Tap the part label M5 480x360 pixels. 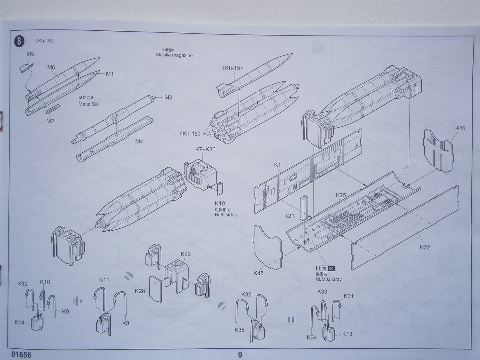pos(30,53)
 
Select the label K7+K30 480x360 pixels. pos(205,149)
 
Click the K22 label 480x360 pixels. pos(425,247)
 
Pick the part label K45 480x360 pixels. pos(258,273)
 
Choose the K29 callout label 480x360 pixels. pos(186,254)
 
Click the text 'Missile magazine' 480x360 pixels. pos(174,55)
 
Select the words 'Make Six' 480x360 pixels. pos(88,104)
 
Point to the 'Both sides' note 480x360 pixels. pos(226,215)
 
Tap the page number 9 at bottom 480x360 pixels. pos(240,354)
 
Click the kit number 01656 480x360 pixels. pos(21,354)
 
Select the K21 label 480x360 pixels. pos(289,216)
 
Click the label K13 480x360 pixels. pos(347,334)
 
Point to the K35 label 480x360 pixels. pos(240,330)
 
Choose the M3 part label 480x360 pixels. pos(168,97)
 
